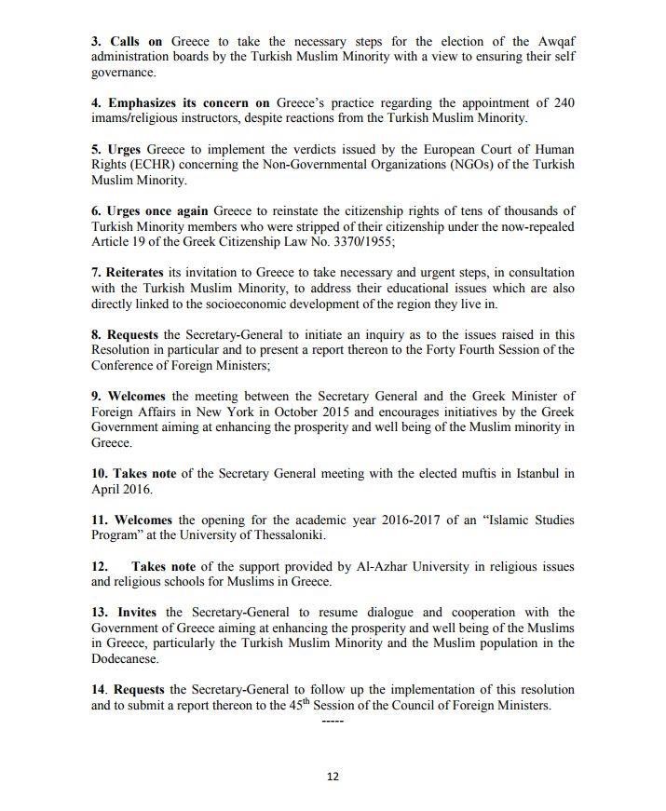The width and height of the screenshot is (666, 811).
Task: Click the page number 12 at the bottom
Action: (333, 777)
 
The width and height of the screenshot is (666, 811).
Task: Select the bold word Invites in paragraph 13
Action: (136, 612)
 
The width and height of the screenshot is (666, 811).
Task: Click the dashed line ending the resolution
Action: (333, 721)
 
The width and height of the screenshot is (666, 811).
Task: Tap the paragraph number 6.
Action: (96, 211)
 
